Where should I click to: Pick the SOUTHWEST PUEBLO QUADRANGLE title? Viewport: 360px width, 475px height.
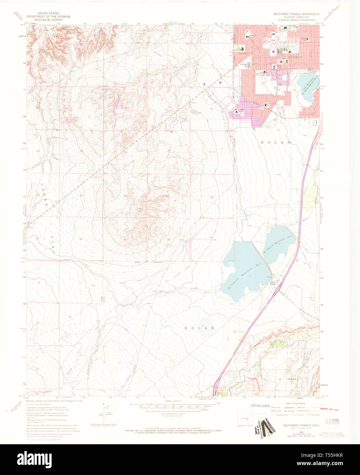[x=296, y=14]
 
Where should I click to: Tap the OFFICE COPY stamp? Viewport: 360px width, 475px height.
[x=261, y=406]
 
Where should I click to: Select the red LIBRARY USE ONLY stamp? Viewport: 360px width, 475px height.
[x=329, y=409]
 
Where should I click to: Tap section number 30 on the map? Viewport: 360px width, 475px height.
[x=125, y=196]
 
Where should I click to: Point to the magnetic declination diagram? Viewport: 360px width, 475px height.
[x=105, y=412]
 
